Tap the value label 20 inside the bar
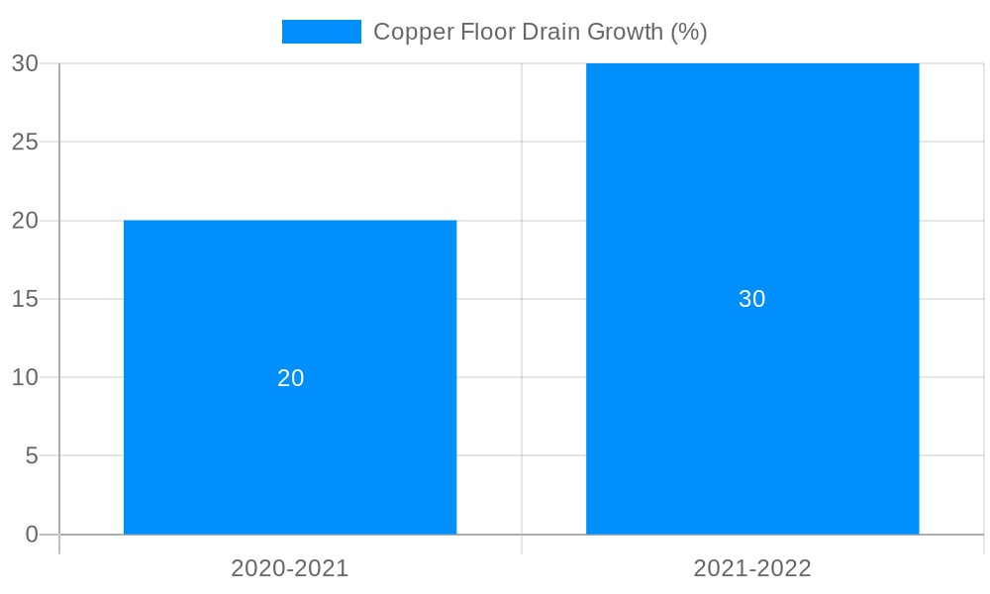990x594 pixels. [290, 378]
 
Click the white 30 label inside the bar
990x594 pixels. [752, 299]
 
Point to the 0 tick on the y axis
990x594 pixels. [32, 535]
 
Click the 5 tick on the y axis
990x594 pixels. [32, 456]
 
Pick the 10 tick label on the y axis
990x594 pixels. [25, 377]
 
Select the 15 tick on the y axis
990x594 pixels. [25, 299]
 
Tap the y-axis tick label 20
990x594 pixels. [25, 221]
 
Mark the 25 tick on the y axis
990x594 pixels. [25, 142]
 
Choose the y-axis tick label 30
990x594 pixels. [25, 63]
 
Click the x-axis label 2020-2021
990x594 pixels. [290, 568]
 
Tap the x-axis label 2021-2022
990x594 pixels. [752, 568]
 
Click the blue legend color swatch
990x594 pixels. [322, 32]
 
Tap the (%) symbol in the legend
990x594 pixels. [689, 32]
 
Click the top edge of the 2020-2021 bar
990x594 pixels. [290, 221]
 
